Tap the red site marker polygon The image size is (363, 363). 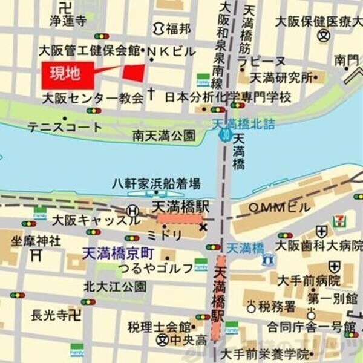coord(135,73)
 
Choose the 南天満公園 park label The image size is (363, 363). coord(165,136)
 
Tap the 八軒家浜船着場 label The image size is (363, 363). coord(157,183)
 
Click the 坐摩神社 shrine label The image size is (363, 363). coord(36,240)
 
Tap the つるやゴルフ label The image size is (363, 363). coord(151,267)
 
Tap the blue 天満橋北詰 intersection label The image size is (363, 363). coord(245,125)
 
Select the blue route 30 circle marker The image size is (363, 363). coord(224,136)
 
